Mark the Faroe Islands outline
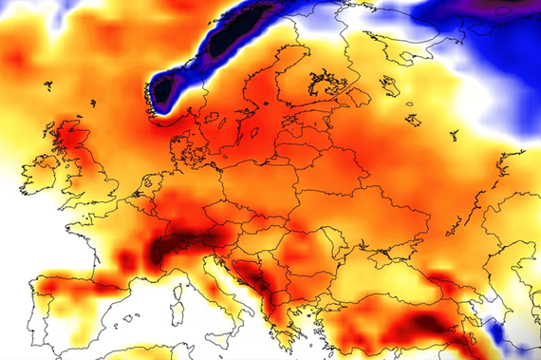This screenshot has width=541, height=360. point(47,86)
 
